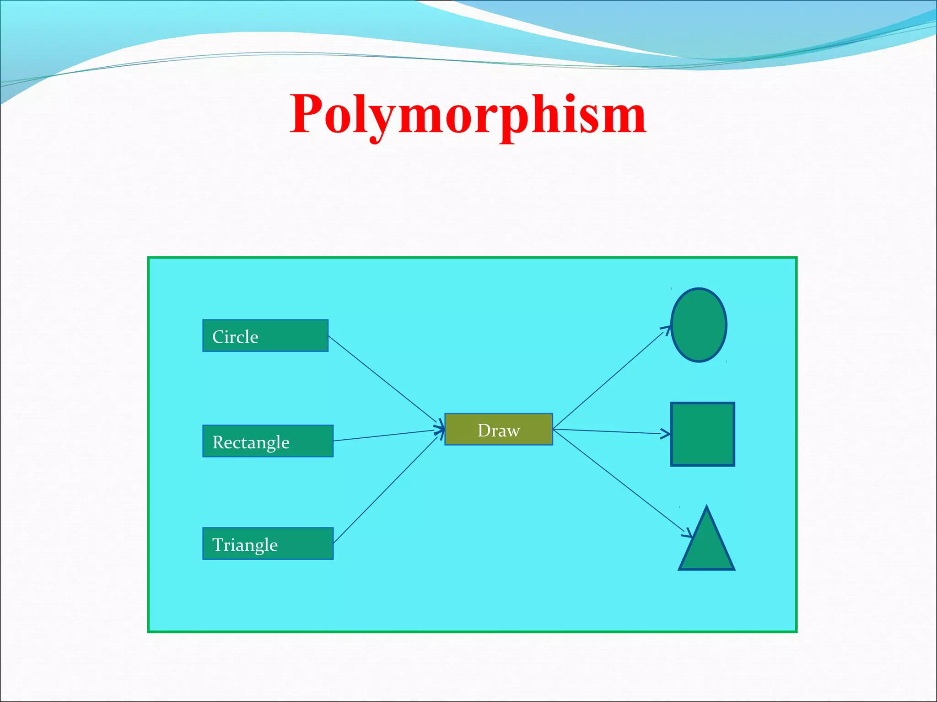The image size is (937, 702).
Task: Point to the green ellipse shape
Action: coord(699,325)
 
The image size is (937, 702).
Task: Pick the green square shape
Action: coord(703,434)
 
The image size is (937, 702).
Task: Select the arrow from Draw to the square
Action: coord(611,431)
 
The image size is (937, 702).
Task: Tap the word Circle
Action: coord(235,337)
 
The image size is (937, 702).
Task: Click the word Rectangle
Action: coord(251,442)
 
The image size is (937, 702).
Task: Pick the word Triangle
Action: coord(245,545)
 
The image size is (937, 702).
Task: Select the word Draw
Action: coord(499,431)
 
